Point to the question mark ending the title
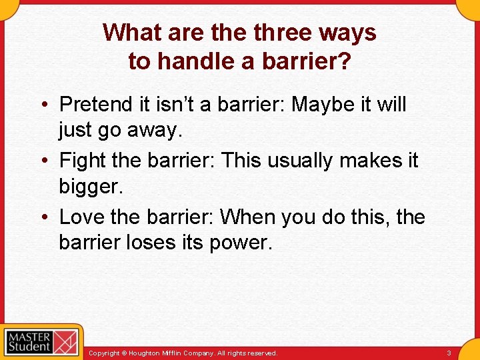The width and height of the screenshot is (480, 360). (344, 61)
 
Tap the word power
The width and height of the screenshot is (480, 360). (241, 243)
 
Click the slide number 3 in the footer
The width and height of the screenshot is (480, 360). (449, 353)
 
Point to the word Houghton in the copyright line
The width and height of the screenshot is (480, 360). (150, 353)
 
